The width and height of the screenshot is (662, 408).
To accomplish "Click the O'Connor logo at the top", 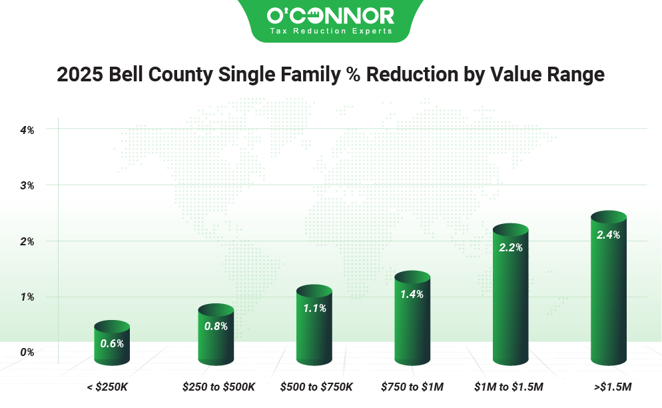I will click(330, 16).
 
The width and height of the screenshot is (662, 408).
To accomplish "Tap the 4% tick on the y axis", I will click(27, 129).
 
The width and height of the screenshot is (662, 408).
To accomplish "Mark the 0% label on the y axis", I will click(27, 351).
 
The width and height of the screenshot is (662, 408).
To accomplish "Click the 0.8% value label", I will click(216, 326).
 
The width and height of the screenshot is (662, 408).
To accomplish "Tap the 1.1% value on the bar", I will click(314, 309).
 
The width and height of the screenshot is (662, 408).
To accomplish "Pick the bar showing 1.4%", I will click(413, 320).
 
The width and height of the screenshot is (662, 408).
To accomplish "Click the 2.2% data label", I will click(510, 247).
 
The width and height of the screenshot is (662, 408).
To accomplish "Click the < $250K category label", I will click(112, 387).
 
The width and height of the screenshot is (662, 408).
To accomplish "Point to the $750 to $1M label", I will click(412, 387).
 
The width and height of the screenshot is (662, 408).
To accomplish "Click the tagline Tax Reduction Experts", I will click(330, 31).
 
